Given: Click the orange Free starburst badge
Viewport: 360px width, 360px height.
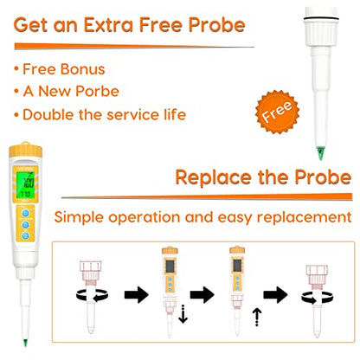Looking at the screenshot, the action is pos(277,112).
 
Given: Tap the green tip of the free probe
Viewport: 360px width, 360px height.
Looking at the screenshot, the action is pos(320,153).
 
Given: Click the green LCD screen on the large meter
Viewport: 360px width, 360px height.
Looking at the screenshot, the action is pos(25,185).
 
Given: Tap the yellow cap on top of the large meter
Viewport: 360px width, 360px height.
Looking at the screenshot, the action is pos(25,150).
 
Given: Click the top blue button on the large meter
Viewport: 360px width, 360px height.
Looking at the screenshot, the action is pos(25,214).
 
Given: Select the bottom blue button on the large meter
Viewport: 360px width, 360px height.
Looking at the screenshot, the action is pos(25,235).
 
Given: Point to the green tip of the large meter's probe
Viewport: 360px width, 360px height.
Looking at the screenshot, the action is pos(25,343).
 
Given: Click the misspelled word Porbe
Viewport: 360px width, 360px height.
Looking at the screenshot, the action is pos(97,92).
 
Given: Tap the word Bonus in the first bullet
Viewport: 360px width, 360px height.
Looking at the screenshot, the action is pos(82,69).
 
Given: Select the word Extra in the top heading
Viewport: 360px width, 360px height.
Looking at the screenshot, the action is pos(108,25).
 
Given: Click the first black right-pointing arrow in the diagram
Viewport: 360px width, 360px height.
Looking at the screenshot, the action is pos(137,295).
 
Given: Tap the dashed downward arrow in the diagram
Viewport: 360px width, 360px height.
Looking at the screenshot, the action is pos(183,314).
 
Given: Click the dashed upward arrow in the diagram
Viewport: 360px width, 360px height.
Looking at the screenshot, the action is pos(257,317).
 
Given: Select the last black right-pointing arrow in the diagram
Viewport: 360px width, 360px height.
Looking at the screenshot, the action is pos(275,295).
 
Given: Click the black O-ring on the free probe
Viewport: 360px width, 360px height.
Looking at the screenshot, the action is pos(321,19).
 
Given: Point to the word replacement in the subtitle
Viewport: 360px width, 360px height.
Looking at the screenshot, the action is pos(304,217).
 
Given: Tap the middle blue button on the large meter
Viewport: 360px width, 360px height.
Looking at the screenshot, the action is pos(25,225).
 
